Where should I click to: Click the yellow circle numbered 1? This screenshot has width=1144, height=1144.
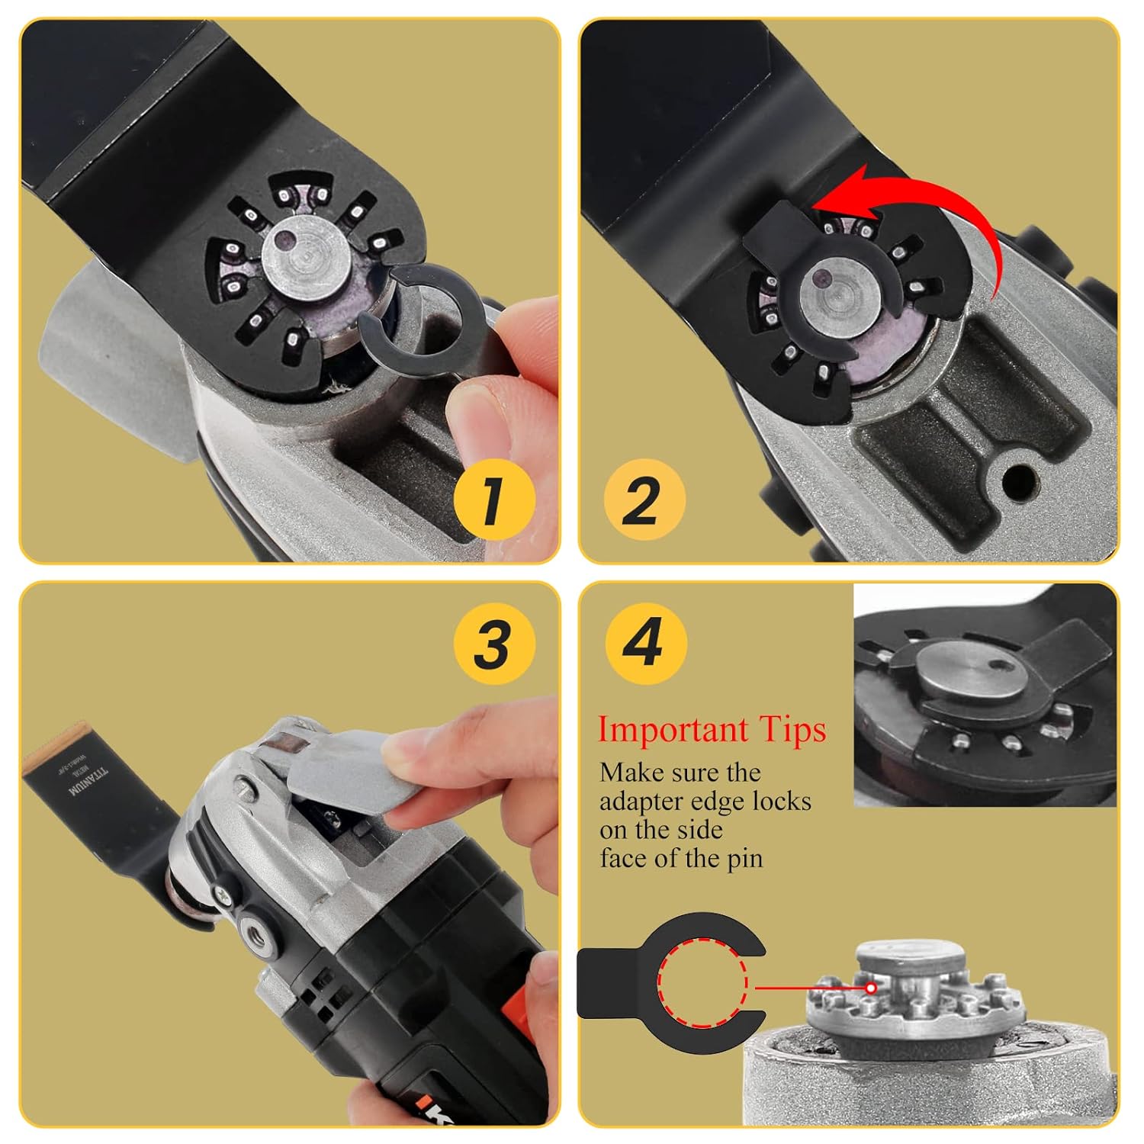[x=493, y=500]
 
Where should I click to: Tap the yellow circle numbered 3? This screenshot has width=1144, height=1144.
[x=493, y=643]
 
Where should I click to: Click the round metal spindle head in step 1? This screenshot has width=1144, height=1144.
[x=307, y=259]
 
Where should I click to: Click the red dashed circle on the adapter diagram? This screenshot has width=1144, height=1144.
[x=702, y=986]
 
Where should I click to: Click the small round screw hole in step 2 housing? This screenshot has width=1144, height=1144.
[x=1019, y=480]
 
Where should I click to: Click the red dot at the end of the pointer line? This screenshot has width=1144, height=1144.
[x=870, y=987]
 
